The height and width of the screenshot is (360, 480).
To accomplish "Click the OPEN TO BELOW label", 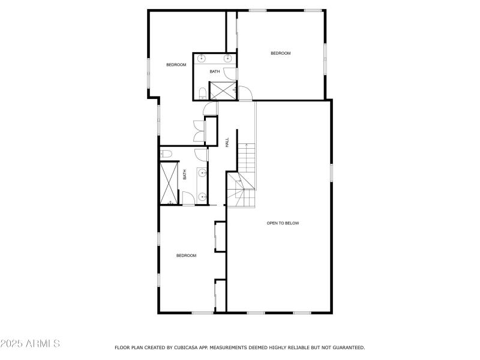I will pos(283,223).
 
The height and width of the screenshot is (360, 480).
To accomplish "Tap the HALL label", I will pos(227,143).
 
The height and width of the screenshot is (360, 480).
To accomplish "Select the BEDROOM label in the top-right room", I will pos(280,53).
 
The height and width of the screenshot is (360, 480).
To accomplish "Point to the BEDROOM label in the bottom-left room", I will pos(186,256).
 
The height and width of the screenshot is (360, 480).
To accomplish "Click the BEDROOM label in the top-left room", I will pos(176,65).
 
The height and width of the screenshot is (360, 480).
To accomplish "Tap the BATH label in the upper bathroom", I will pos(215,72).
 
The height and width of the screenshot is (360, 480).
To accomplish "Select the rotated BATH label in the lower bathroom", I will pos(185,175).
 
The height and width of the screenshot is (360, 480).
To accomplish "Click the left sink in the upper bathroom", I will pos(202,58).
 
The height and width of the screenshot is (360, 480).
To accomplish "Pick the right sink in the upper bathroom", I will pos(228,58).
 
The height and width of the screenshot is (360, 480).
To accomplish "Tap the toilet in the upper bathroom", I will pos(202,93).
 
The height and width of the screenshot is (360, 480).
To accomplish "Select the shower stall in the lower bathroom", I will pos(169,183).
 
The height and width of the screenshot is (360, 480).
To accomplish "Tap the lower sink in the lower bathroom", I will pos(203,197).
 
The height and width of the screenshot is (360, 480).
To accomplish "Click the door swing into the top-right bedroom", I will pos(245,94).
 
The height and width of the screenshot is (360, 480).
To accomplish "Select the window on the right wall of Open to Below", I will pos(331,172).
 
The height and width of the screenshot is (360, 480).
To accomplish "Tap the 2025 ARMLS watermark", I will pos(30,344).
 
